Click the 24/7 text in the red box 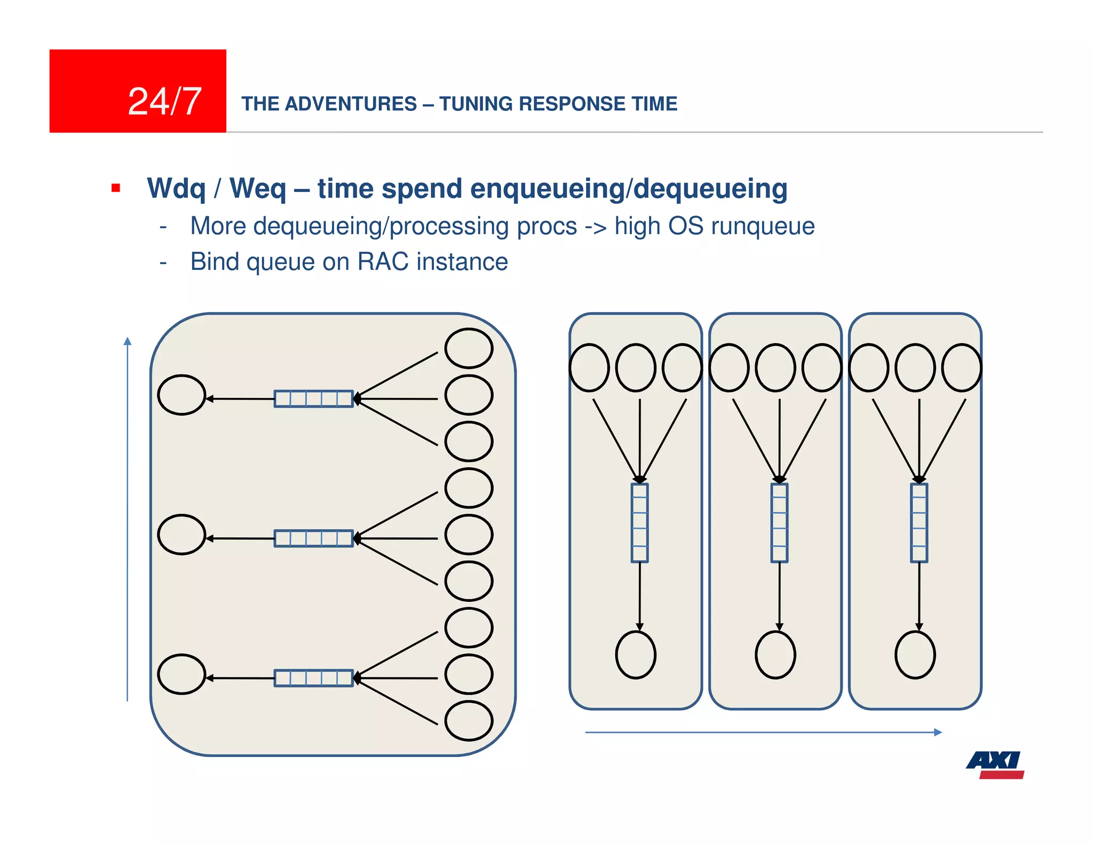point(164,101)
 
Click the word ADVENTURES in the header point(351,103)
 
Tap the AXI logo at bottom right point(995,764)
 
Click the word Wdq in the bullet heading point(176,188)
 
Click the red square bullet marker point(116,188)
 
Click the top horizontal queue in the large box point(314,399)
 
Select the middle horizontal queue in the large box point(314,538)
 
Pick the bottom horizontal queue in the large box point(314,678)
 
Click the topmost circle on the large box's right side point(469,348)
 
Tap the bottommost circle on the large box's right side point(469,721)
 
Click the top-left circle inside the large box point(181,395)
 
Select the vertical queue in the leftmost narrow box point(639,523)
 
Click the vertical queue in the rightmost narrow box point(919,523)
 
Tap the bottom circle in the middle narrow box point(775,655)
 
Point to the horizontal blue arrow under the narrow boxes point(763,732)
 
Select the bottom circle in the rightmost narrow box point(915,655)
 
